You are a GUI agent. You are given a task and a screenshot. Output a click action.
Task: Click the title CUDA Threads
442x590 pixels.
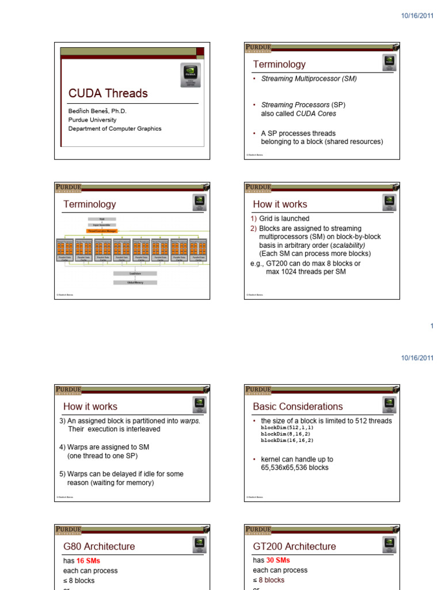(108, 93)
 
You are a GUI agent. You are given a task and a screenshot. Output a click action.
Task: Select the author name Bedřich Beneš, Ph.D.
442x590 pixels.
(97, 111)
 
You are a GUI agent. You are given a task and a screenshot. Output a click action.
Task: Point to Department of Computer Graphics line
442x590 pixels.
(115, 128)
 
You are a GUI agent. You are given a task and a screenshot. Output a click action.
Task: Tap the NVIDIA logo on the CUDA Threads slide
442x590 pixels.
(189, 73)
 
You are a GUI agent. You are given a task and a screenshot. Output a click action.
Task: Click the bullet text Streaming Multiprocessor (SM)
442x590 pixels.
(309, 78)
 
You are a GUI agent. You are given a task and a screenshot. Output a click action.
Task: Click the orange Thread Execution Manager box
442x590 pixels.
(101, 230)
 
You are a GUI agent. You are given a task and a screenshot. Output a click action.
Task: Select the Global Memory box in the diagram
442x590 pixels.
(135, 282)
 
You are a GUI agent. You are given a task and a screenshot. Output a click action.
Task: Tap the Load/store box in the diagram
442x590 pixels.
(135, 273)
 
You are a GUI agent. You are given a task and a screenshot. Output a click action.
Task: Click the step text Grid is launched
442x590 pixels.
(284, 218)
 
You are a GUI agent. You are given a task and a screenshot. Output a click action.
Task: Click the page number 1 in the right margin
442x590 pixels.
(432, 326)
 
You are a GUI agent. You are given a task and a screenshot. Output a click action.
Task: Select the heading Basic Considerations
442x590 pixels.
(298, 407)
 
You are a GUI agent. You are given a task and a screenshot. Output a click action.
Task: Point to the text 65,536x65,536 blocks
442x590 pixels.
(295, 467)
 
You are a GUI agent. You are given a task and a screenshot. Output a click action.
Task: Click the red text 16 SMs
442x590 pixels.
(89, 560)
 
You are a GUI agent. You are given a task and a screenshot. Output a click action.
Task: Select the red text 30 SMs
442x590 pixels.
(279, 560)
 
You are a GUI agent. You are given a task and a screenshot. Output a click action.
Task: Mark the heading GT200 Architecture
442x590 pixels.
(295, 546)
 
